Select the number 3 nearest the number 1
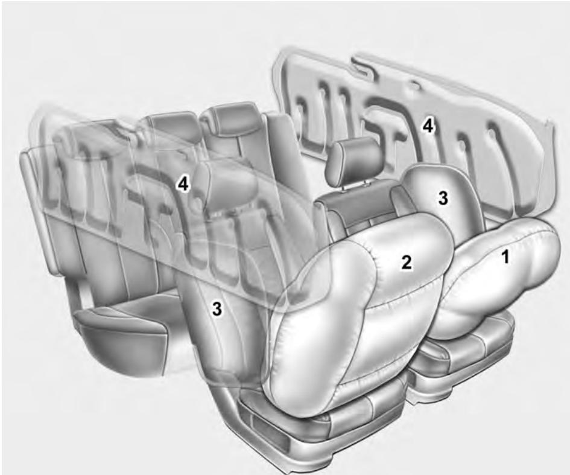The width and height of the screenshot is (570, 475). [x=443, y=199]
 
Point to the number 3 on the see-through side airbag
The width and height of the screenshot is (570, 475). [x=216, y=309]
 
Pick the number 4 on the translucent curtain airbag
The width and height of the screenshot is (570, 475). [x=183, y=184]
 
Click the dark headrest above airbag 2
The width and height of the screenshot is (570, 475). [x=354, y=160]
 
